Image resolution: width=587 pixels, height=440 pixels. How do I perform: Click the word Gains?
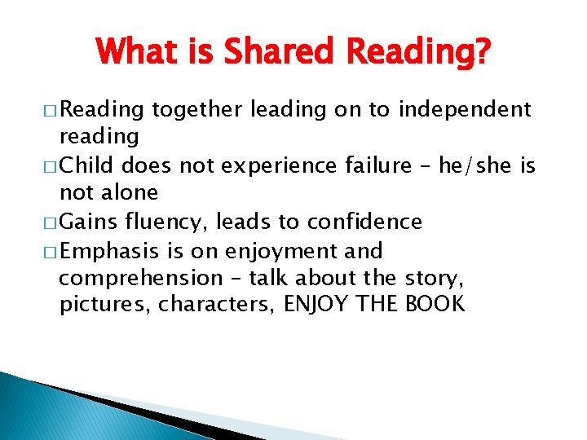(x=88, y=222)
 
